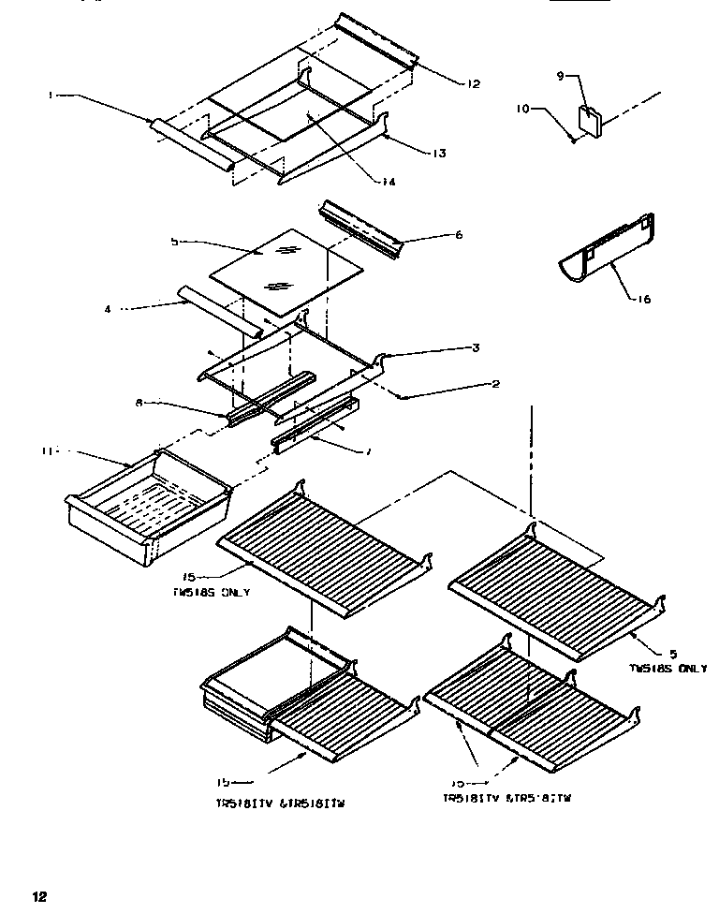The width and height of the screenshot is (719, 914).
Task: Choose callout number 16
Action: [646, 300]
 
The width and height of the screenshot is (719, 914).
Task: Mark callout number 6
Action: [459, 235]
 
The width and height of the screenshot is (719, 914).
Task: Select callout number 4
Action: [108, 308]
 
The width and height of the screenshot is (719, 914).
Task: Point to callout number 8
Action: [139, 404]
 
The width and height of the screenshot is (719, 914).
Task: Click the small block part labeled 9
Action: [589, 121]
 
